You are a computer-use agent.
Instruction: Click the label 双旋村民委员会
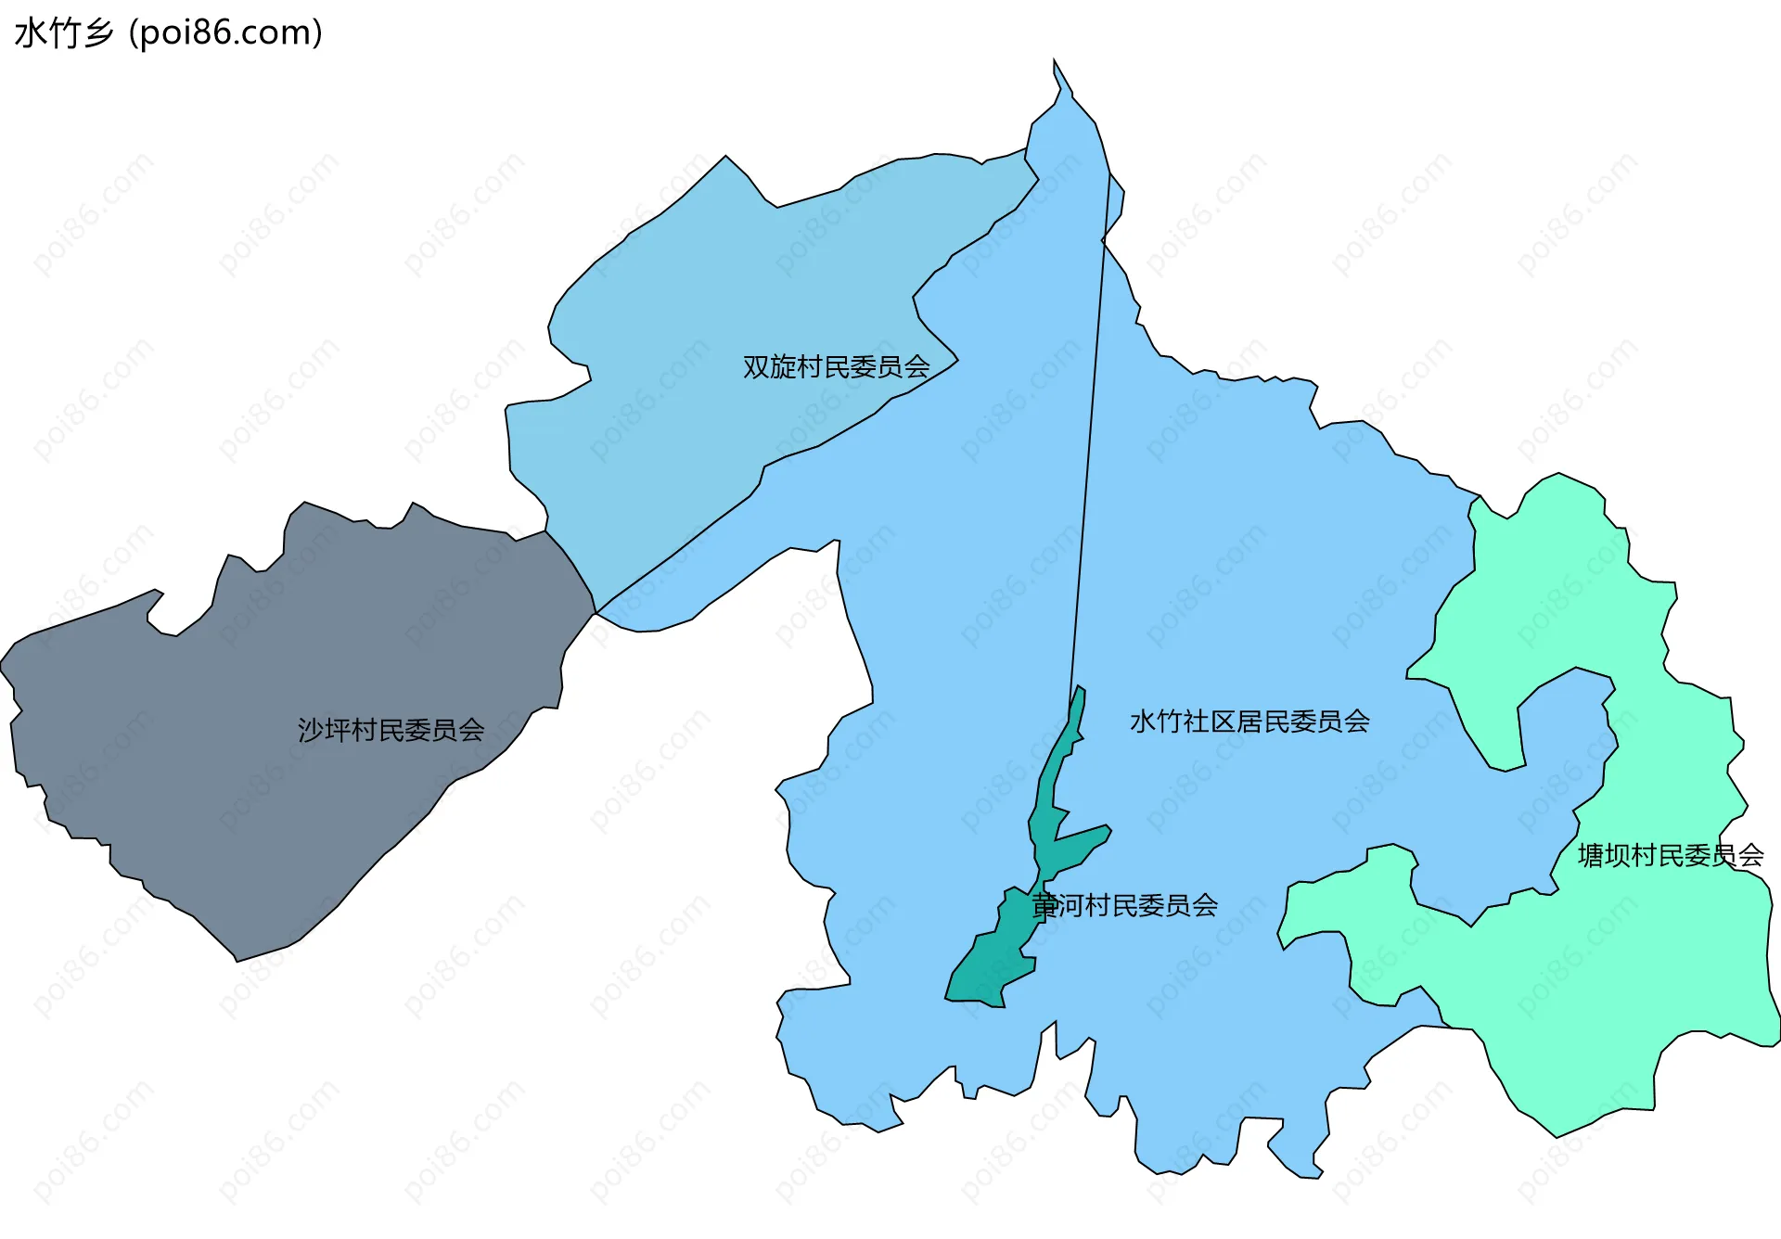pos(836,367)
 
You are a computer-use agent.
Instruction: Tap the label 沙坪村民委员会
pos(391,731)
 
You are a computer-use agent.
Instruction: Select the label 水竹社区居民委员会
pos(1249,722)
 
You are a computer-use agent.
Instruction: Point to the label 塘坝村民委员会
pos(1670,855)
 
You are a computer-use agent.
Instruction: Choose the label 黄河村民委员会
pos(1124,905)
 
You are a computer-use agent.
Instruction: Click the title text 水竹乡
pos(64,33)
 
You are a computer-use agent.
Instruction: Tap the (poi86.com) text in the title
pos(225,33)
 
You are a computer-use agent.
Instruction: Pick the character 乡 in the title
pos(98,33)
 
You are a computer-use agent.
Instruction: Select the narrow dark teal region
pos(993,964)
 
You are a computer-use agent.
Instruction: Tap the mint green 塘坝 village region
pos(1577,1002)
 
